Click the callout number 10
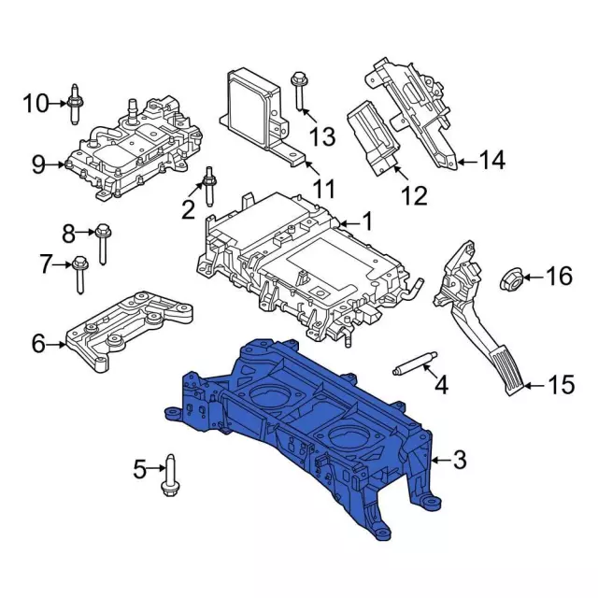tap(36, 103)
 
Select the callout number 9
tap(38, 165)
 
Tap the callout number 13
tap(321, 137)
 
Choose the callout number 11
tap(323, 190)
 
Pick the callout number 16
tap(558, 276)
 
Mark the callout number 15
tap(559, 384)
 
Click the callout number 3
tap(459, 459)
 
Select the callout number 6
tap(38, 344)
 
